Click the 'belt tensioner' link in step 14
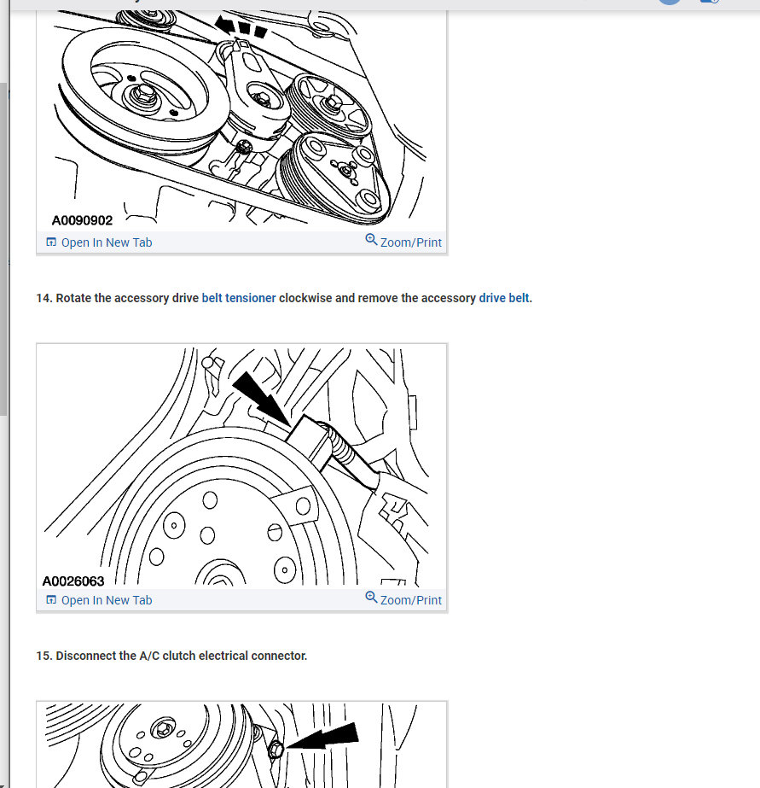(x=239, y=298)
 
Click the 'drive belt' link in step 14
(x=504, y=298)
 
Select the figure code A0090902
(x=83, y=220)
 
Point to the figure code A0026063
(x=73, y=581)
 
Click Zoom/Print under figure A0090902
(x=410, y=242)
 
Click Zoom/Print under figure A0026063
(x=410, y=600)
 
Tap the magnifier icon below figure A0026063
(x=371, y=597)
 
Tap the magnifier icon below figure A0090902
(x=371, y=239)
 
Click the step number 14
(x=44, y=298)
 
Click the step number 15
(x=44, y=656)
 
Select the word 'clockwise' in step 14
(x=305, y=298)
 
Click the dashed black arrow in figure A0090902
(x=241, y=27)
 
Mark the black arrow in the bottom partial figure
(x=322, y=737)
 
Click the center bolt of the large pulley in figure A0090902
(x=144, y=94)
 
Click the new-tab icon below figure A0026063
(x=51, y=599)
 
